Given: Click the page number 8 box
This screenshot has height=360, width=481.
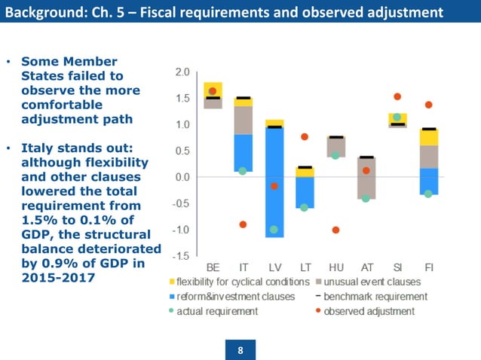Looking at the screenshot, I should (240, 349).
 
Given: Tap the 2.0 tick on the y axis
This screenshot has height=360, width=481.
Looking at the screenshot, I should (182, 72).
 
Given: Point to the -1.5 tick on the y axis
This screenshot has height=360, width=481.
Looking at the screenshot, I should (180, 256).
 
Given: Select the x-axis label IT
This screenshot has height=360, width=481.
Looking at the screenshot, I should (244, 268).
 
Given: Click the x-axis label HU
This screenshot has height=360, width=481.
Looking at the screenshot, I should (335, 268).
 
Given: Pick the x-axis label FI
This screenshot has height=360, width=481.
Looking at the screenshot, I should (428, 268).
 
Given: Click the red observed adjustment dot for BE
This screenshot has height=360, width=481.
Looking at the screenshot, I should (213, 91).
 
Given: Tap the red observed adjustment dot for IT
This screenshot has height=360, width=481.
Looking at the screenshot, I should (243, 224).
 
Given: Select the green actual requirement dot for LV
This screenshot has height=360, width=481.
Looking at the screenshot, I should (274, 229).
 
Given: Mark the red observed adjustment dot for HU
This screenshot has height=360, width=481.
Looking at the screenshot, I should (335, 230).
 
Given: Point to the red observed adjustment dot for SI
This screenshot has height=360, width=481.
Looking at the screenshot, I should (397, 96).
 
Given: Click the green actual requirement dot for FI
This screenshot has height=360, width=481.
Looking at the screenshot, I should (428, 194).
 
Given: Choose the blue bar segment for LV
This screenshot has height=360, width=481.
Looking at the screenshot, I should (274, 181).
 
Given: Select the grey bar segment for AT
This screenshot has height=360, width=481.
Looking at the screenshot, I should (366, 178).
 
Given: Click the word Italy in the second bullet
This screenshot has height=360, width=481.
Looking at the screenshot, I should (38, 148).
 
